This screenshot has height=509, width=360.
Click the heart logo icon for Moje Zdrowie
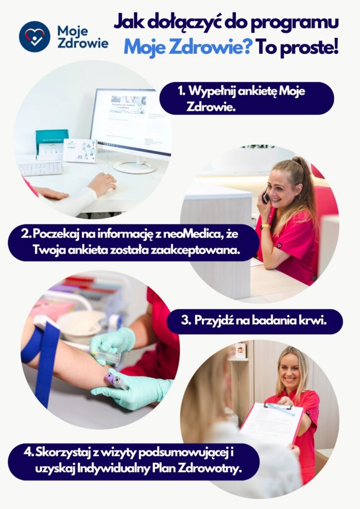pos(35,37)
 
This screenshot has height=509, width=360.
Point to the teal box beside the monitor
pos(51,145)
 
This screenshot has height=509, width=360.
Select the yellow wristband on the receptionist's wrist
pos(265,227)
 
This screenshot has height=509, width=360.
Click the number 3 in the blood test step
pos(185,321)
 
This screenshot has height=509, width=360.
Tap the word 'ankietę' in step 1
pos(257,91)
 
